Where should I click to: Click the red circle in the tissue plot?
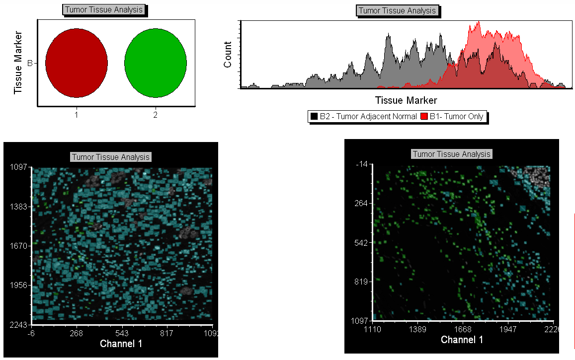[x=77, y=63]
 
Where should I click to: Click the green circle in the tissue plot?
[x=156, y=63]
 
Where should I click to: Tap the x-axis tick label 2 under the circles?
[x=156, y=115]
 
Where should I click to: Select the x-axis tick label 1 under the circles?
[x=77, y=115]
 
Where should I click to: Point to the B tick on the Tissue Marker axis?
[x=30, y=63]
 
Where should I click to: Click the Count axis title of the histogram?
[x=228, y=55]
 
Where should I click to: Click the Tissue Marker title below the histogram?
[x=406, y=101]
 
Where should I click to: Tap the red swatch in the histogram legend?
[x=424, y=117]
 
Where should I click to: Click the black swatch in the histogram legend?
[x=314, y=117]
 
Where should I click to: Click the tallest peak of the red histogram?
[x=478, y=23]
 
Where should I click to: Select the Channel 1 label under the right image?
[x=462, y=340]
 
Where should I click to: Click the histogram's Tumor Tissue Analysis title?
[x=397, y=11]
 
